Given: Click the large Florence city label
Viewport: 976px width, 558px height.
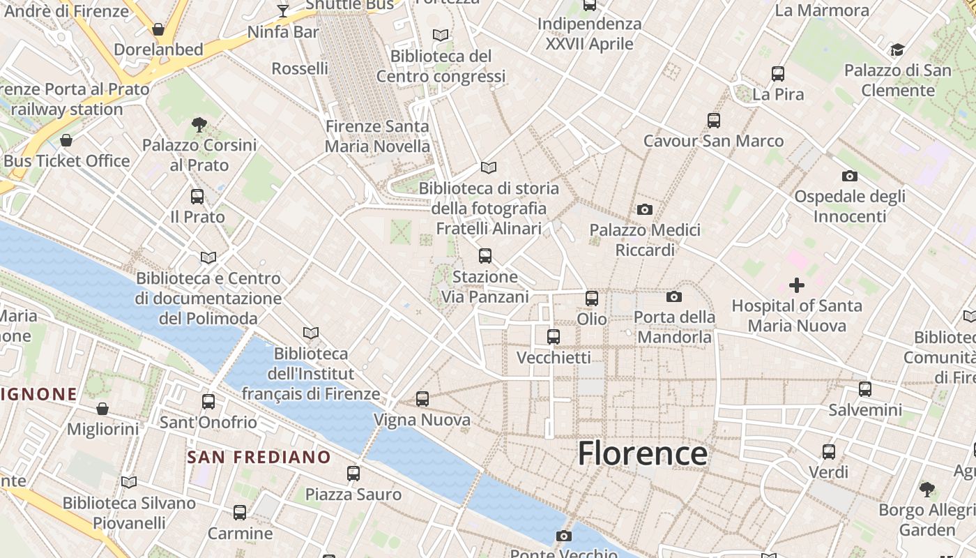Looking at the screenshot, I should pos(642,453).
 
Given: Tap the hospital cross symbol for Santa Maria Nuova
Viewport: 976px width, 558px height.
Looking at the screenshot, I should pos(796,285).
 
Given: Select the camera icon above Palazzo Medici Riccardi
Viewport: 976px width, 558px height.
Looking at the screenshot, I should pos(645,209).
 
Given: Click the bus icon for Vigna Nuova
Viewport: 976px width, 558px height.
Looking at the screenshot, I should pos(422,399).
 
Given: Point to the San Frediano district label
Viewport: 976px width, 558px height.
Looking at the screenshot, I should pos(259,458).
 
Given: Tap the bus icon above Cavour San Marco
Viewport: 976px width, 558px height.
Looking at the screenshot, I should pos(713,121).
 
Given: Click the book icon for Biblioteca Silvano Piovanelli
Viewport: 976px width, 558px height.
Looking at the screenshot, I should pos(129,482).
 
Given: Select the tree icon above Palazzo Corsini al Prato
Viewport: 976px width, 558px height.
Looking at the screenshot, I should pos(199,125).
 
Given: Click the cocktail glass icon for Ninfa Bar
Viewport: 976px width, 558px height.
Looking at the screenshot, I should pos(282,10).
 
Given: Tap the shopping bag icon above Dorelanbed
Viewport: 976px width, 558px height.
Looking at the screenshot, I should pos(158,29).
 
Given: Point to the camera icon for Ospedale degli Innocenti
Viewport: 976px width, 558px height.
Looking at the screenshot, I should pos(849,176).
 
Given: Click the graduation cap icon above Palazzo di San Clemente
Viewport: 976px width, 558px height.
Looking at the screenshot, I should pos(897,50).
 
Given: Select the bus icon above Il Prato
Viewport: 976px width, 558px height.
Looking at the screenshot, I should pos(197,197).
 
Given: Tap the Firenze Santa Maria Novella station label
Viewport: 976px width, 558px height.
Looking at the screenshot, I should pos(377,136).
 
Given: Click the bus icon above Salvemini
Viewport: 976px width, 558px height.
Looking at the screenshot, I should pos(864,389).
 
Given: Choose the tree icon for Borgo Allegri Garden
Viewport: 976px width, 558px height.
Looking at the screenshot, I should pos(927,489).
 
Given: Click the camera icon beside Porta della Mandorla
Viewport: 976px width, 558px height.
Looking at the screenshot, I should pos(673,297).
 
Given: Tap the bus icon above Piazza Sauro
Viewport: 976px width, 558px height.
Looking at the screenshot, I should pos(353,474).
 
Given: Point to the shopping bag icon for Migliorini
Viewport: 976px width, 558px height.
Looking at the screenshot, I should pos(102,409).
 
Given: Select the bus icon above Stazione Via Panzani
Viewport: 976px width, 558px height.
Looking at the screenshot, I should pos(485,256).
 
